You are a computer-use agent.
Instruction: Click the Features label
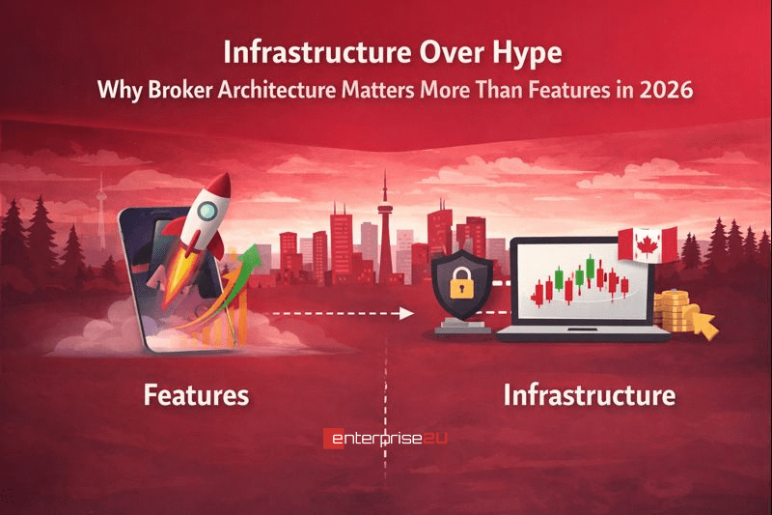point(196,395)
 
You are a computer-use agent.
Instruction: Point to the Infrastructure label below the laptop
point(588,395)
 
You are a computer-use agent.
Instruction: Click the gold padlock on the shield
point(460,285)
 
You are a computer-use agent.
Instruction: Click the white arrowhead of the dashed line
point(406,313)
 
